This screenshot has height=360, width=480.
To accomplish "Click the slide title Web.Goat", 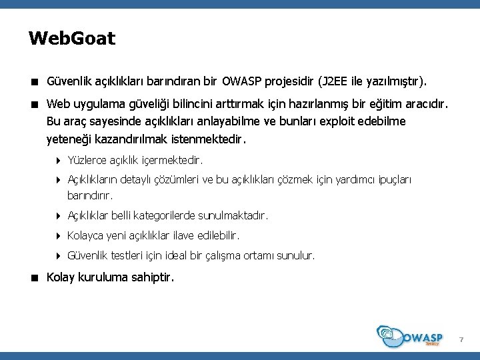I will [72, 38].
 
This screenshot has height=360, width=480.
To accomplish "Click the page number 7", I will [460, 341].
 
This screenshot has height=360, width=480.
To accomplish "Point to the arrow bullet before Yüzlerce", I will [59, 161].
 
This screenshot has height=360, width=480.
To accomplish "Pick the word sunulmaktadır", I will [238, 216].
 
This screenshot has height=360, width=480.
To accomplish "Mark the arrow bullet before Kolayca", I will [59, 235].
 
